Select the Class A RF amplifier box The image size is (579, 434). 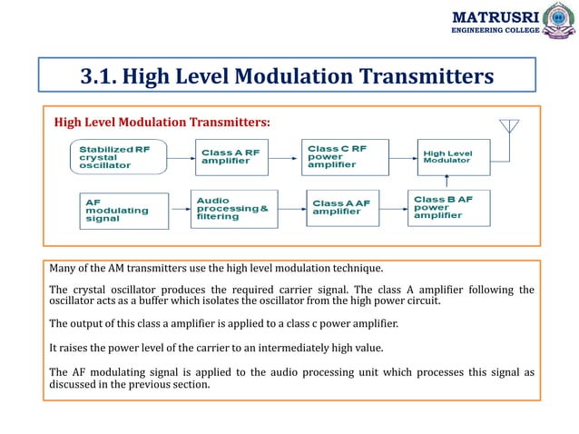[231, 158]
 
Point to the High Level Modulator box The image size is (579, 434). [453, 157]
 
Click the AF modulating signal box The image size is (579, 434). [124, 211]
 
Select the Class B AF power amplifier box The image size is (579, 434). [453, 209]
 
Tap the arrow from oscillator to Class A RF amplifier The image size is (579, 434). [181, 159]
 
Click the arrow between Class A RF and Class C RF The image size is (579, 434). [286, 159]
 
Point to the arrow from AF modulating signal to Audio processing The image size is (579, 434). [180, 211]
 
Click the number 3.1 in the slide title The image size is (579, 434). [99, 76]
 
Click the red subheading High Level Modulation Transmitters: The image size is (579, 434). [162, 121]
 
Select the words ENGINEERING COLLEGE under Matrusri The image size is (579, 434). [496, 30]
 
